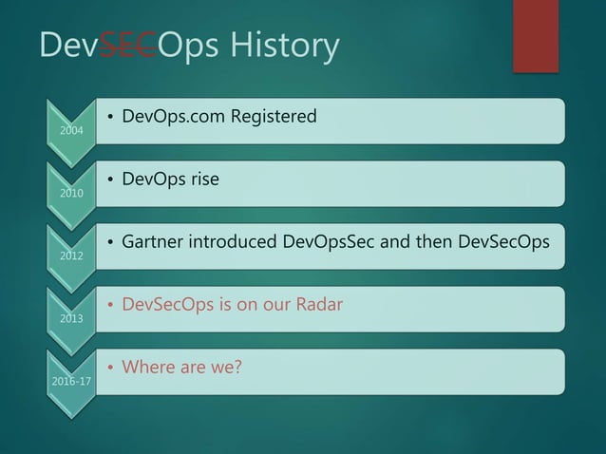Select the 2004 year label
coord(70,131)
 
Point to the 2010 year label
coord(70,194)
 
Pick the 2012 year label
coord(70,255)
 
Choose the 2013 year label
coord(70,318)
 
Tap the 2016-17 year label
coord(70,381)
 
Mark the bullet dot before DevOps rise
coord(110,180)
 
